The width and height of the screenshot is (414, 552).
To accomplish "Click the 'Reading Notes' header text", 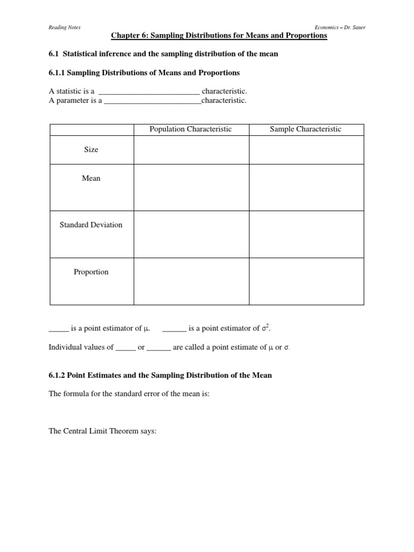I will [x=64, y=27].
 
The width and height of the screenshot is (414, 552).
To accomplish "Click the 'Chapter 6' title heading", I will [x=219, y=36].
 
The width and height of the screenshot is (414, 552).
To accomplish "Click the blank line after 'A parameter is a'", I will [x=152, y=101].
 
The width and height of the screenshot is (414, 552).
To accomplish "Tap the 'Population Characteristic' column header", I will [x=191, y=129].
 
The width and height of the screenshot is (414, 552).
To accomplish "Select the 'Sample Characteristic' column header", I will [x=306, y=129].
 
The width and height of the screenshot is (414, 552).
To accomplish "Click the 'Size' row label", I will [x=91, y=150].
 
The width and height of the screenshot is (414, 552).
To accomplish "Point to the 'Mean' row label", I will [x=91, y=178].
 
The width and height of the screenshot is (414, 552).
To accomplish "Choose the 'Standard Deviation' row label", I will [x=91, y=225].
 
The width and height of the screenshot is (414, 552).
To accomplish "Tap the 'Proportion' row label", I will [x=91, y=272].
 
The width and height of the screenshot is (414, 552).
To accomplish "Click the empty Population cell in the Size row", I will [x=191, y=150].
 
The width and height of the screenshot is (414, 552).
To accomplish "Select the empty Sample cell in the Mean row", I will [x=306, y=187].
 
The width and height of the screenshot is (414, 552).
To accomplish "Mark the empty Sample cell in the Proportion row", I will [x=306, y=281].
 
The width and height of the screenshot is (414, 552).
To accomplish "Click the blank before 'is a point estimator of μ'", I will [x=59, y=329].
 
